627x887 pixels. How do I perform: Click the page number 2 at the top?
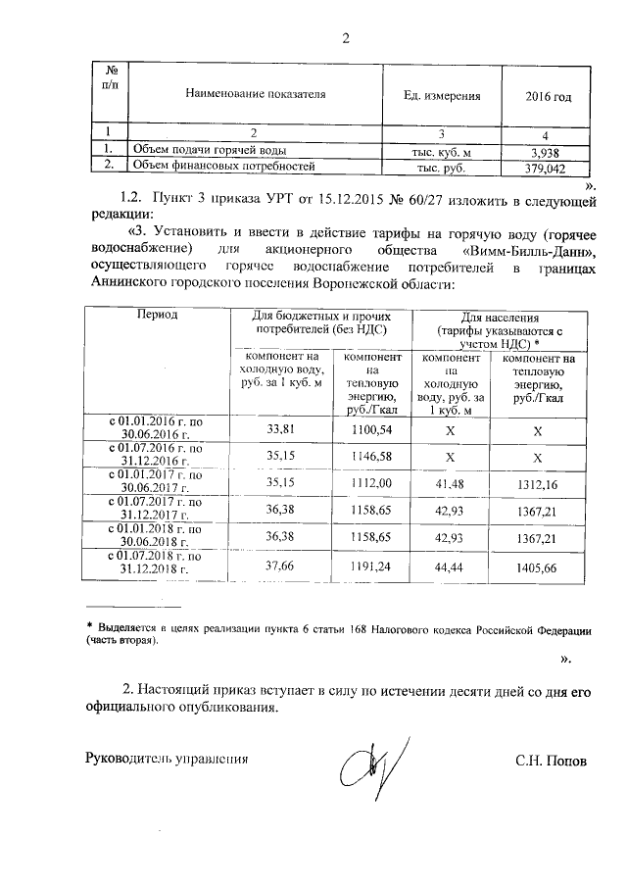tap(345, 40)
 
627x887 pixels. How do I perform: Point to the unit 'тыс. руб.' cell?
tap(443, 168)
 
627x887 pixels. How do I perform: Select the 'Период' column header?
tap(157, 318)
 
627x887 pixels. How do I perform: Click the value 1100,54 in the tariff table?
tap(370, 429)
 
